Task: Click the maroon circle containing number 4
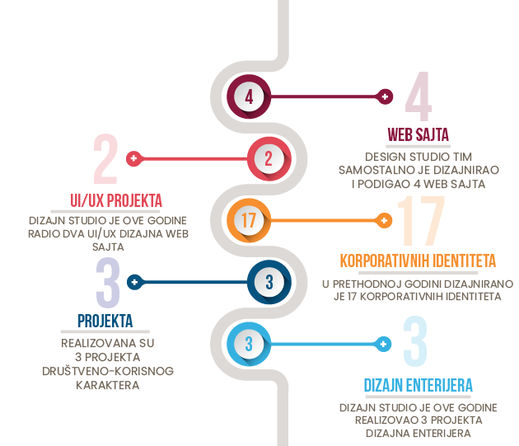[249, 96]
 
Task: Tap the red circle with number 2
[269, 159]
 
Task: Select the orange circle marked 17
[249, 220]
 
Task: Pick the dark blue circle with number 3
[269, 282]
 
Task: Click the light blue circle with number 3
[249, 344]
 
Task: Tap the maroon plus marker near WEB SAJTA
[385, 96]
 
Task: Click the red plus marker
[134, 158]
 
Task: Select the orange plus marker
[384, 221]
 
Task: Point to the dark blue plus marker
[135, 282]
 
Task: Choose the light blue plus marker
[383, 345]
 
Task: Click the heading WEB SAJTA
[418, 134]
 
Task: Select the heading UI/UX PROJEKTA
[116, 200]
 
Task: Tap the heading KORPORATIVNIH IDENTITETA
[418, 261]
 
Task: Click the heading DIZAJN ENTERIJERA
[418, 385]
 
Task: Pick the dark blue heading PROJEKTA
[105, 321]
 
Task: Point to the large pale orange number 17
[421, 221]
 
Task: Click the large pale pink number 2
[105, 159]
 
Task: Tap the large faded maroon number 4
[418, 96]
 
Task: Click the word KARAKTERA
[108, 385]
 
